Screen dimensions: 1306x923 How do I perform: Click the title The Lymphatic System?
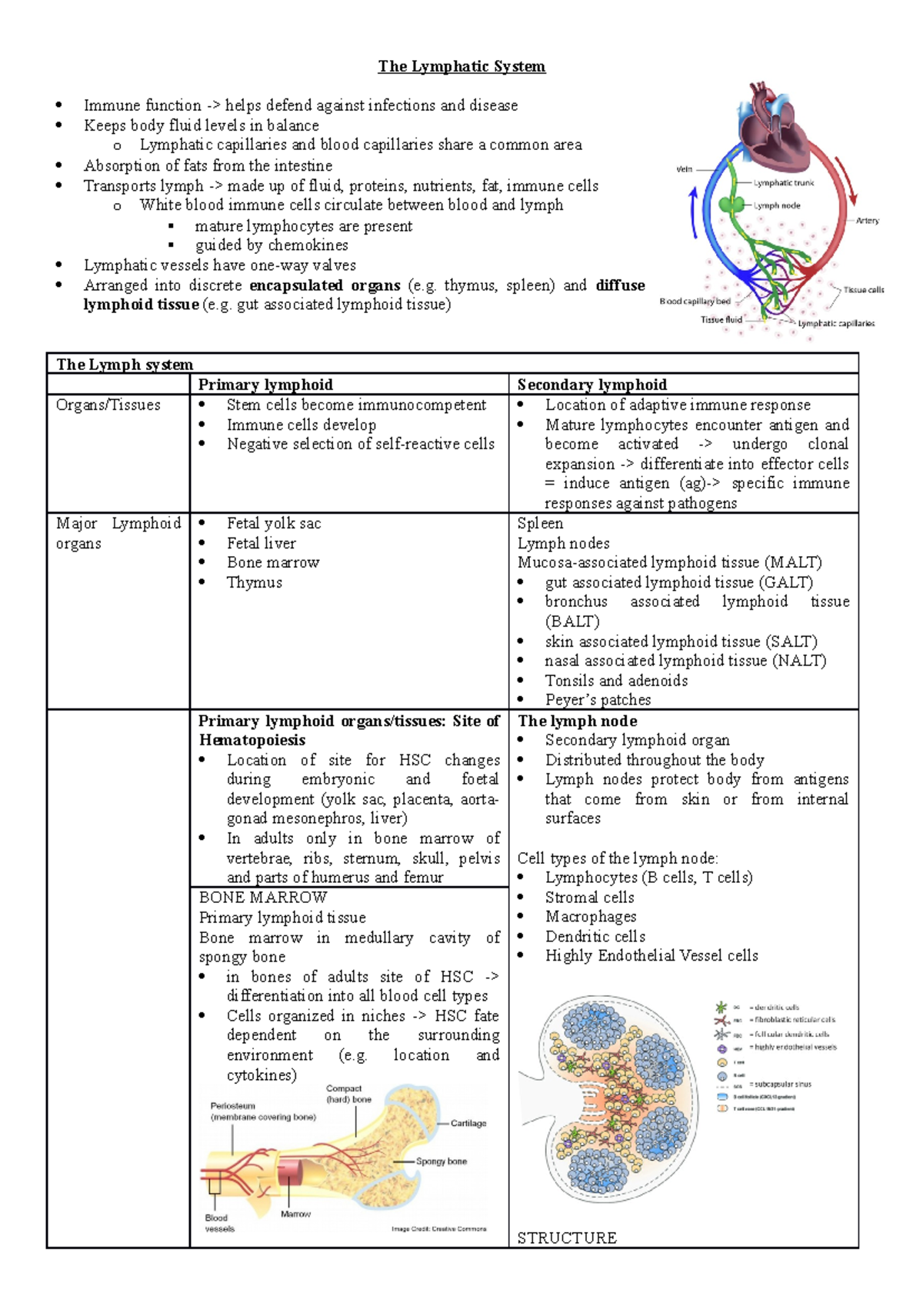pos(461,67)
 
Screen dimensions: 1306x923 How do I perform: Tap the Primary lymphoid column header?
pos(265,385)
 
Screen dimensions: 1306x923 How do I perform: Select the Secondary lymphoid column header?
pos(591,385)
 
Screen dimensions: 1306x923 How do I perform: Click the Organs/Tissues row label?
pos(108,405)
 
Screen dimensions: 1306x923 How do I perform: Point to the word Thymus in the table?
pos(255,583)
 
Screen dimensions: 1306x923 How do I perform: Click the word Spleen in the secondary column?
pos(540,524)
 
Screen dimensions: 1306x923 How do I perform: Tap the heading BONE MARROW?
pos(263,898)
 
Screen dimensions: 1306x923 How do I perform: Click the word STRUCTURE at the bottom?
pos(567,1238)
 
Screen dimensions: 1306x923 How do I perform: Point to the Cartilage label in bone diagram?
pos(468,1124)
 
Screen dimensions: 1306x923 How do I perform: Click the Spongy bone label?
pos(442,1161)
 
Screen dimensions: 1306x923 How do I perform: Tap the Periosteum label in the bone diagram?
pos(233,1106)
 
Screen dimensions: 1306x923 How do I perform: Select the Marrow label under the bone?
pos(295,1214)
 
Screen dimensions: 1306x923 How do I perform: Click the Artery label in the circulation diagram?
pos(867,221)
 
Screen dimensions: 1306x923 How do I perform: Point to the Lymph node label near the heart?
pos(777,206)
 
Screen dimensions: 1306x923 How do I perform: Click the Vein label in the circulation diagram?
pos(684,169)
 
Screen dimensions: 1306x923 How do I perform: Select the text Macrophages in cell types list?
pos(591,917)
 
